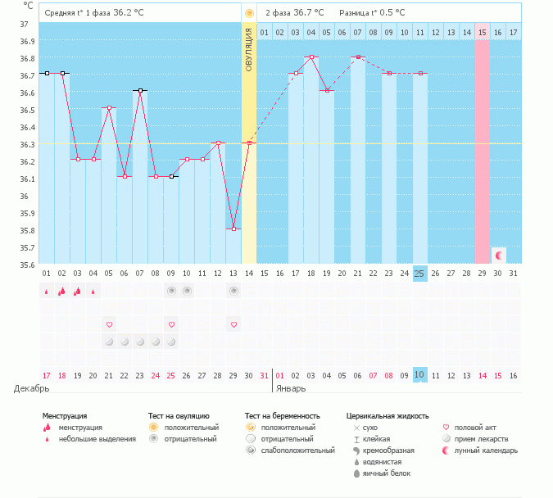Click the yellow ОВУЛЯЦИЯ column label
tap(249, 48)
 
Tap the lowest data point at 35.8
tap(233, 229)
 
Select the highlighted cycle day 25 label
tap(419, 273)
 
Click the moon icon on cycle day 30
tap(498, 256)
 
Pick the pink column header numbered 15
tap(482, 32)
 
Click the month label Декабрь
tap(26, 388)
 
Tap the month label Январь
tap(291, 388)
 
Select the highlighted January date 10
tap(419, 375)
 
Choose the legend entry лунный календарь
tap(483, 450)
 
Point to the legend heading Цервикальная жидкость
tap(388, 416)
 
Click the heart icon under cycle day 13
tap(233, 324)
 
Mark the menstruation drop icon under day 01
tap(47, 291)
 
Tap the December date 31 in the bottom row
tap(264, 375)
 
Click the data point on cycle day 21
tap(357, 57)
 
